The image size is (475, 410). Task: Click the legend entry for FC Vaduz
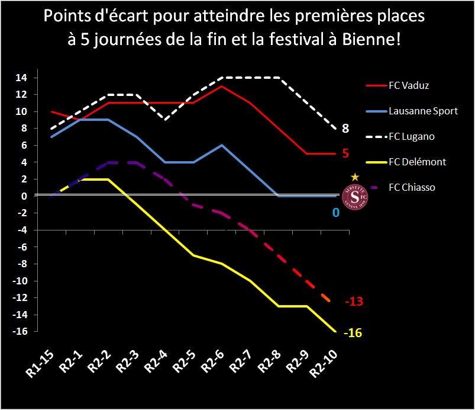pyautogui.click(x=409, y=85)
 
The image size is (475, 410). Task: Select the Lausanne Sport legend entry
pyautogui.click(x=423, y=111)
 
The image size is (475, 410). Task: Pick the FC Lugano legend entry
pyautogui.click(x=411, y=136)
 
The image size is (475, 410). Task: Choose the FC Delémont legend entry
pyautogui.click(x=417, y=162)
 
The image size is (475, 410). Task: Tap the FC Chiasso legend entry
pyautogui.click(x=412, y=187)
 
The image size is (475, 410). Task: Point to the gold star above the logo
pyautogui.click(x=355, y=177)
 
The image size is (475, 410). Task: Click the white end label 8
pyautogui.click(x=345, y=129)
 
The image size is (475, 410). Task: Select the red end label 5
pyautogui.click(x=345, y=153)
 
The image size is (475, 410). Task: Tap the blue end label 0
pyautogui.click(x=335, y=212)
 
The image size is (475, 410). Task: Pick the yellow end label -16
pyautogui.click(x=353, y=332)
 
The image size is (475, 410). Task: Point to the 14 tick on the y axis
pyautogui.click(x=21, y=78)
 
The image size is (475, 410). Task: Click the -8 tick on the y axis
pyautogui.click(x=21, y=264)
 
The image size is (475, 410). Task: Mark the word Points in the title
pyautogui.click(x=65, y=17)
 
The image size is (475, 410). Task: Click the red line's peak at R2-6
pyautogui.click(x=221, y=86)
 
